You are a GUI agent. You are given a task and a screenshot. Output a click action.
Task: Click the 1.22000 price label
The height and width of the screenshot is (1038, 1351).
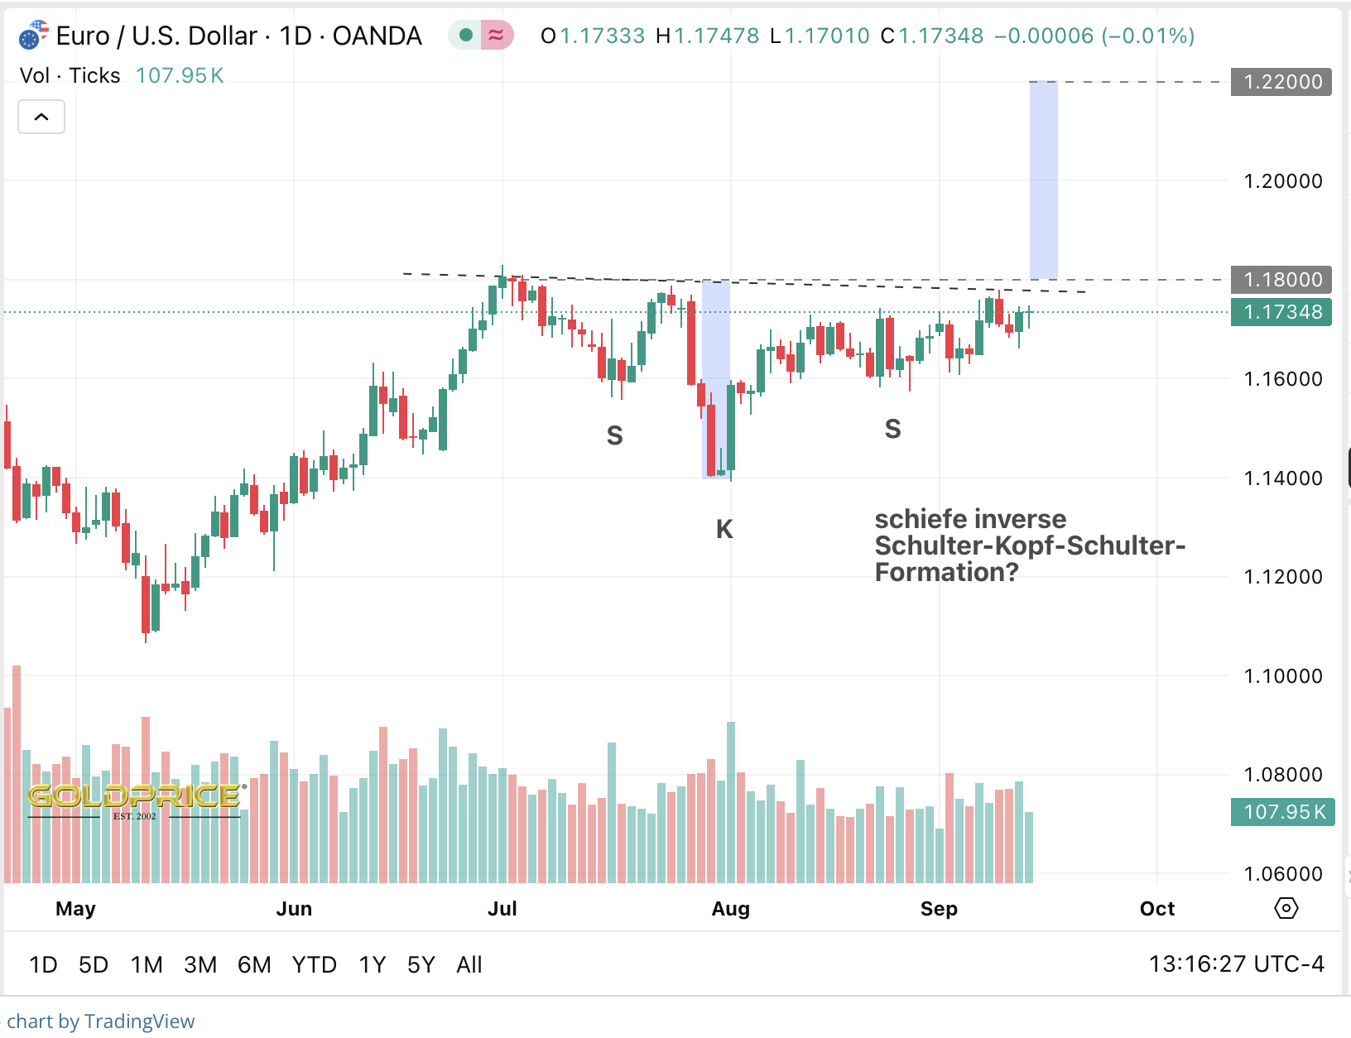[x=1281, y=82]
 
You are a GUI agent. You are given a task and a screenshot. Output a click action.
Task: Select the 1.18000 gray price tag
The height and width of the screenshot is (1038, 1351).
[x=1281, y=280]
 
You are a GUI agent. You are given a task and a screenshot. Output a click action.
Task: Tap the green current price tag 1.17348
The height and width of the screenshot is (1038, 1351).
[x=1281, y=312]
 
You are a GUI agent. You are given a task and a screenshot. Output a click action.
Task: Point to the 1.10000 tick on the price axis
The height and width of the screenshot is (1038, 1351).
[x=1282, y=676]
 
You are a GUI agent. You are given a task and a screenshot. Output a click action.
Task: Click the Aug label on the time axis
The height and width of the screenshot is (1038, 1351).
[x=730, y=909]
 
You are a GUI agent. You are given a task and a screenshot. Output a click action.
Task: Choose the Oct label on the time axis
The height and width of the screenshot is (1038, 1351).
[x=1156, y=909]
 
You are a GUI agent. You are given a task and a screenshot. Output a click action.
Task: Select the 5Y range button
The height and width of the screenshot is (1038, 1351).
[x=421, y=965]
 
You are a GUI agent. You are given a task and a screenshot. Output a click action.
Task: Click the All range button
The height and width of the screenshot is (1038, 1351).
[x=469, y=965]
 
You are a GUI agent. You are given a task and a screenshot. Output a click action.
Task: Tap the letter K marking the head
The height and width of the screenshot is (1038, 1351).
[x=724, y=529]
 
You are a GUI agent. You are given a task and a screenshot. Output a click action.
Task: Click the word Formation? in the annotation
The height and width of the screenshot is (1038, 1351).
[x=946, y=573]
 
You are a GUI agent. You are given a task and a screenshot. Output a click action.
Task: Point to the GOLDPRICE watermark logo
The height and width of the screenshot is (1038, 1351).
[x=135, y=798]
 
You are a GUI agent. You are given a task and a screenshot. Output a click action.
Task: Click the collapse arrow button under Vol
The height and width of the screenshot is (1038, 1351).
[x=41, y=117]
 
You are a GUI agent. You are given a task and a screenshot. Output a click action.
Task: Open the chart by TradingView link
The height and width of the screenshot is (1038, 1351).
[x=101, y=1021]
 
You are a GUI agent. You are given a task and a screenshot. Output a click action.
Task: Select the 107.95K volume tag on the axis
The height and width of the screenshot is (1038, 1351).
[x=1282, y=812]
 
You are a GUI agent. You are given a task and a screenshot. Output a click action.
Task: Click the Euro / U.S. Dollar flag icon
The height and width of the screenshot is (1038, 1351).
[x=33, y=36]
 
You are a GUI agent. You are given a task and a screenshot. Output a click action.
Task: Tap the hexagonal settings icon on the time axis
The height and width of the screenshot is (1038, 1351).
[x=1286, y=908]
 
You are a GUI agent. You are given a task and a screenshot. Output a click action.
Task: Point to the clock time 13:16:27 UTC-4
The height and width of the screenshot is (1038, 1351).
[x=1236, y=964]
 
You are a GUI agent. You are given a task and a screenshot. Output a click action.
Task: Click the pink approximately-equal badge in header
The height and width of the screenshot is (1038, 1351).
[x=497, y=35]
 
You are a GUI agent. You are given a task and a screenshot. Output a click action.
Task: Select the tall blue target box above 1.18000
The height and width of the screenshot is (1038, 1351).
[x=1043, y=180]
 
